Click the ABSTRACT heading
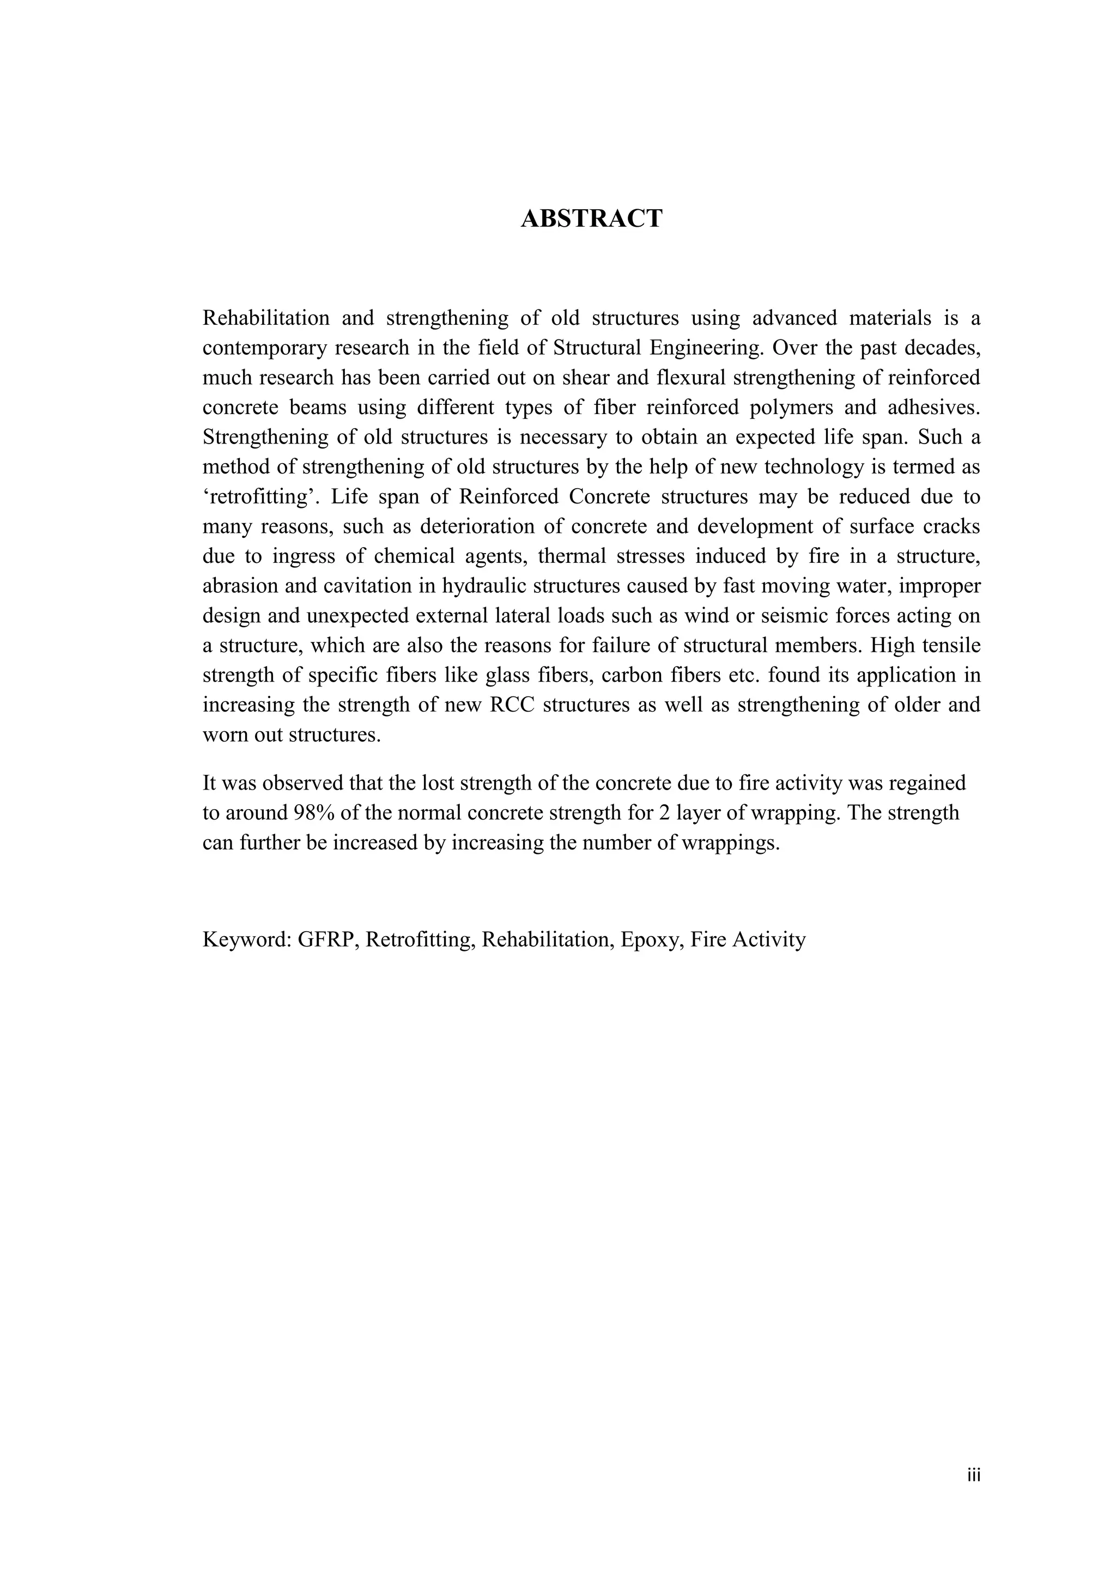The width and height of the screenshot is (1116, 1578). (591, 219)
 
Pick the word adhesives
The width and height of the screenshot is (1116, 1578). (933, 407)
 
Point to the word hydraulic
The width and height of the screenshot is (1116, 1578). (484, 586)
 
